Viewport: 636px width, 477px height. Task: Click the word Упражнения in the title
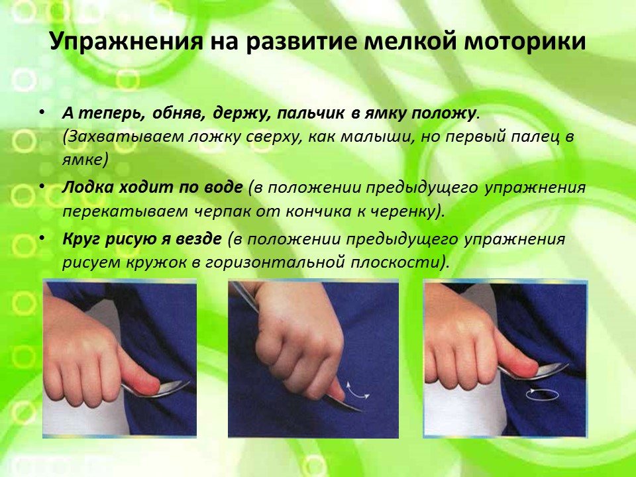(x=126, y=41)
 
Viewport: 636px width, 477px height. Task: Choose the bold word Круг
(x=81, y=239)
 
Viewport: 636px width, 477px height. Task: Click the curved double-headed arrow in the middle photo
(x=358, y=390)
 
